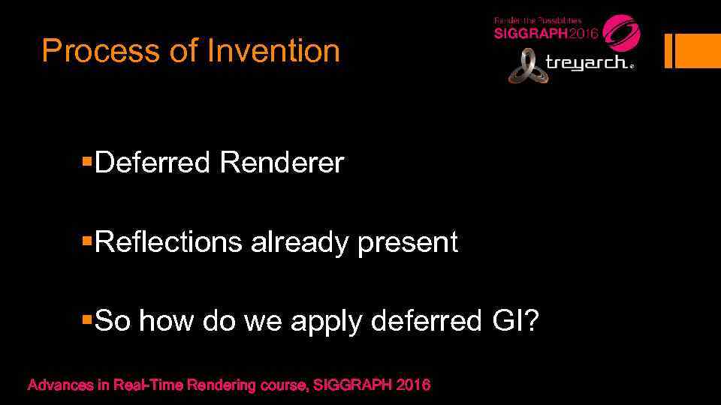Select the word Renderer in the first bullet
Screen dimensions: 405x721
pos(281,162)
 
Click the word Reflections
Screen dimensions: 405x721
pos(169,242)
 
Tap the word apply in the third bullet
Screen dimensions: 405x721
pos(327,322)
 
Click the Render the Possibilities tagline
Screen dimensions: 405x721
pos(536,20)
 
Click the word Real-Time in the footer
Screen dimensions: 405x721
pos(148,385)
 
